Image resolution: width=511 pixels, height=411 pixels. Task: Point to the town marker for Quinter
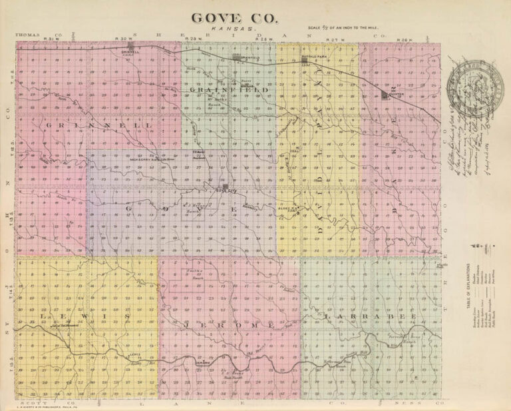coord(385,95)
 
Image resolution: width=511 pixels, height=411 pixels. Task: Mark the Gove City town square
coord(226,187)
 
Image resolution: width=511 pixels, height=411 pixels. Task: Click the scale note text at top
coord(339,28)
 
